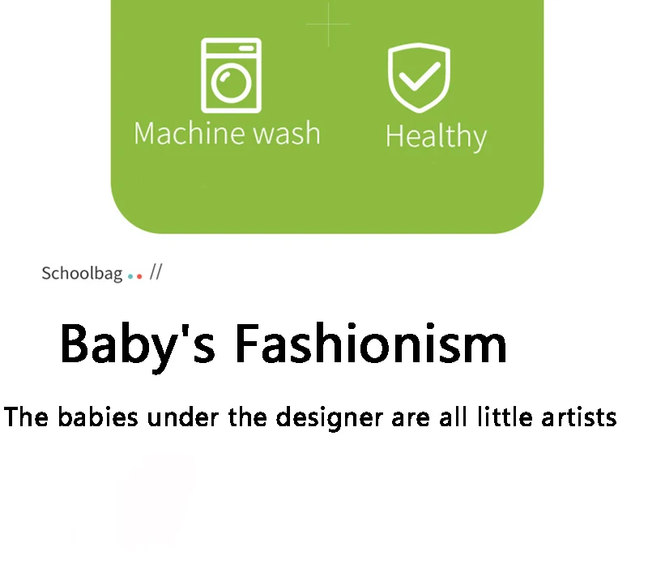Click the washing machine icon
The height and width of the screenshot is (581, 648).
231,75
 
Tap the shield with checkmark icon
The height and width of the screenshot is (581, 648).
419,78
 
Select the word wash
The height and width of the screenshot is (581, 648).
287,133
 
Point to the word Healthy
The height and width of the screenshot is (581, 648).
437,136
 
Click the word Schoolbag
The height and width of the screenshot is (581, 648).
82,274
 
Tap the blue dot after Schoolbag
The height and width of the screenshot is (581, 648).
130,276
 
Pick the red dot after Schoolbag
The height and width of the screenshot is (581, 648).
139,276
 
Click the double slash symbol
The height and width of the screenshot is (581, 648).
156,272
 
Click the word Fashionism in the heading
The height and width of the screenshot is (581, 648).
371,344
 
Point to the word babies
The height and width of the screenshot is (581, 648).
97,417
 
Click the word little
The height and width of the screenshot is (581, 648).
505,417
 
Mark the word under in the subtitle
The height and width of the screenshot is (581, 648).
182,417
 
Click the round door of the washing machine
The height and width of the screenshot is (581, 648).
231,83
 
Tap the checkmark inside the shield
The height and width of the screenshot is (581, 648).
420,76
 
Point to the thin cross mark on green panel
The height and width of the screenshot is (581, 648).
329,24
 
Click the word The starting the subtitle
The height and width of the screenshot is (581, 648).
26,417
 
